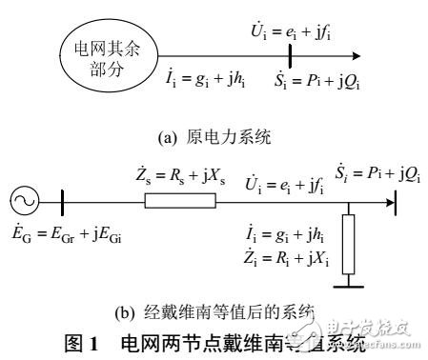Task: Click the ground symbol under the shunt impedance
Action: tap(353, 277)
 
